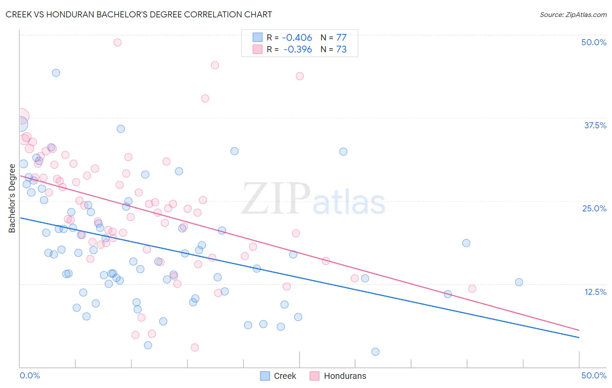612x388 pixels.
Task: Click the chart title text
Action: (139, 14)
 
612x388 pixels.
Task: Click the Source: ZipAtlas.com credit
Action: (573, 14)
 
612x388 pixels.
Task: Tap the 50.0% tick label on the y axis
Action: (594, 42)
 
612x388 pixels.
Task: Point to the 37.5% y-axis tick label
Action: (595, 125)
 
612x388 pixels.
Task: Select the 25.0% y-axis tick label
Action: (594, 208)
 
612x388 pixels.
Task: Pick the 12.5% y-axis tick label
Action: (595, 292)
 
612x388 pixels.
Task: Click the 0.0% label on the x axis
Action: (30, 375)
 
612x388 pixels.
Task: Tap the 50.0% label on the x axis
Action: (594, 375)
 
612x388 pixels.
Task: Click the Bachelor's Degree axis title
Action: (12, 198)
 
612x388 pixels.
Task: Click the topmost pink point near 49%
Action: (117, 42)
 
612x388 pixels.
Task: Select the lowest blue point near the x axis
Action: (375, 352)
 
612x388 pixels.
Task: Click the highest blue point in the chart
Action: (56, 73)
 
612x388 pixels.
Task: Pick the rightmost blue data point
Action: (519, 282)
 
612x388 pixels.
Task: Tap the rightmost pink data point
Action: (472, 289)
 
